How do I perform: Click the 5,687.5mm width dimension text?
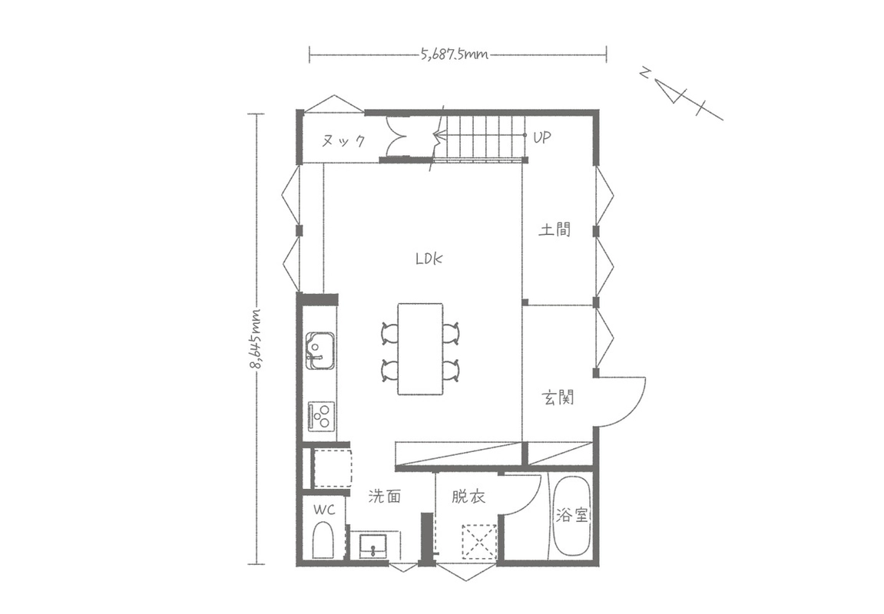click(x=455, y=54)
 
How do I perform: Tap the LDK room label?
click(x=429, y=259)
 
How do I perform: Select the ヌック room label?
click(x=343, y=140)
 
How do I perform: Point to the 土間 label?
click(x=555, y=229)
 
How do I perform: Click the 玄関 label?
click(x=558, y=398)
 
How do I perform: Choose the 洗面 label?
click(x=385, y=497)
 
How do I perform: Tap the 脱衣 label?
click(x=468, y=497)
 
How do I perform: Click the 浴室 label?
click(x=571, y=514)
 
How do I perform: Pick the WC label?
click(x=324, y=510)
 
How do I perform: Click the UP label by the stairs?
click(x=541, y=137)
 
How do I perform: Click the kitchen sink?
click(x=319, y=351)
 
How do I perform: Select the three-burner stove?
click(x=321, y=416)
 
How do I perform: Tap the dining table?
click(x=420, y=348)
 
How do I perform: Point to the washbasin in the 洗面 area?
click(x=372, y=546)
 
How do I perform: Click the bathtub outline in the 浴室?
click(x=571, y=517)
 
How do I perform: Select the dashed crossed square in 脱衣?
click(x=479, y=542)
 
